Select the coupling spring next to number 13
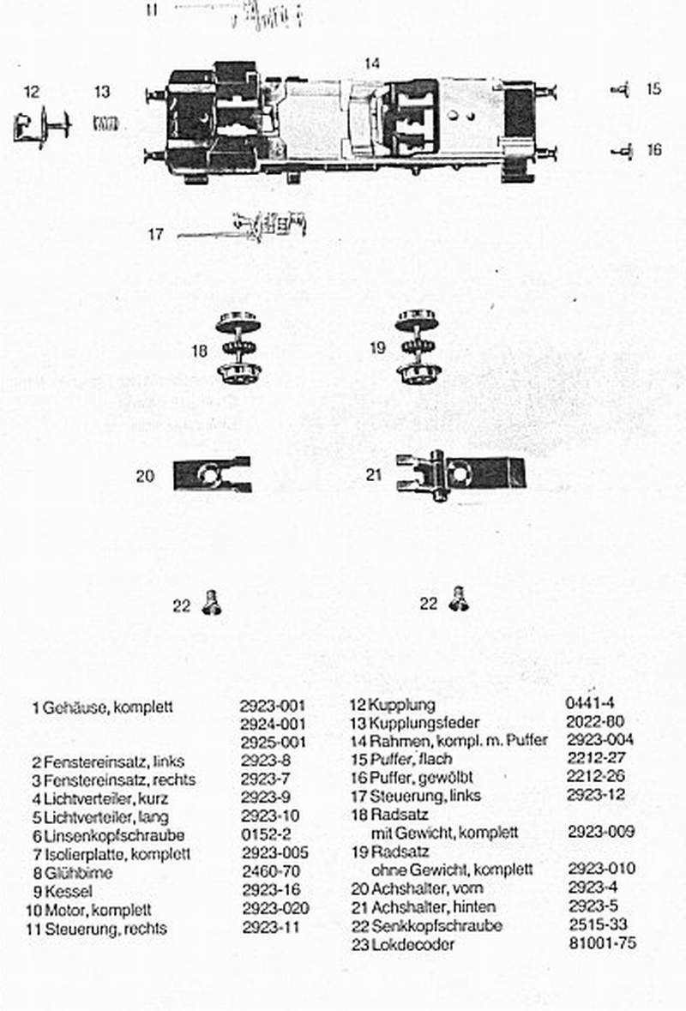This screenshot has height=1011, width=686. tap(105, 123)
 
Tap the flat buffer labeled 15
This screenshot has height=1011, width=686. tap(622, 89)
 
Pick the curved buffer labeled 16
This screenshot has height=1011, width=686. tap(623, 151)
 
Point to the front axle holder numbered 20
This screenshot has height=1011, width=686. tap(212, 473)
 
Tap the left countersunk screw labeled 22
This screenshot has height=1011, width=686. tap(209, 605)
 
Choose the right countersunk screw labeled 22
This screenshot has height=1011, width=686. tap(459, 599)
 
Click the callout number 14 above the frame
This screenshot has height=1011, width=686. tap(371, 63)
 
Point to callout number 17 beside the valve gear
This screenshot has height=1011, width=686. tap(154, 233)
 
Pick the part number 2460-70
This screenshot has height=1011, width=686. tap(270, 872)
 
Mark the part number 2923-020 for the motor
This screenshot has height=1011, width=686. tap(274, 908)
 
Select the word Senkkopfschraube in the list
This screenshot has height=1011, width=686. tap(436, 926)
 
